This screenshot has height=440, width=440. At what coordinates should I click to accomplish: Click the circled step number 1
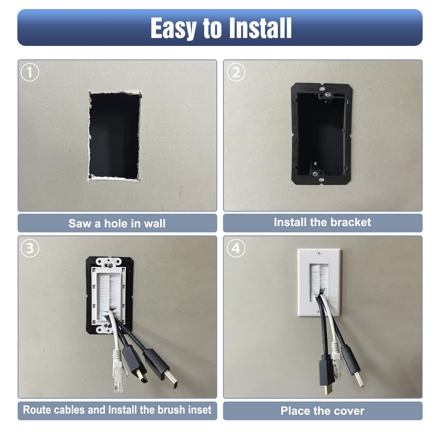(x=30, y=72)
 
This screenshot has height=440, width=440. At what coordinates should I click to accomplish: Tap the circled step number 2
(x=236, y=72)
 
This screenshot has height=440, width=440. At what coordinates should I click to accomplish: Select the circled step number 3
(x=30, y=248)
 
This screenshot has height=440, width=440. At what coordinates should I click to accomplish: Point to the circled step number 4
(x=236, y=248)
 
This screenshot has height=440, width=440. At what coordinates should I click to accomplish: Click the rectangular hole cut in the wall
(x=114, y=136)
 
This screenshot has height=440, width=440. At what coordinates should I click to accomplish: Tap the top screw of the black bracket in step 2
(x=328, y=95)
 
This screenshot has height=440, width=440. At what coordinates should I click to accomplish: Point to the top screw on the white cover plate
(x=319, y=253)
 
